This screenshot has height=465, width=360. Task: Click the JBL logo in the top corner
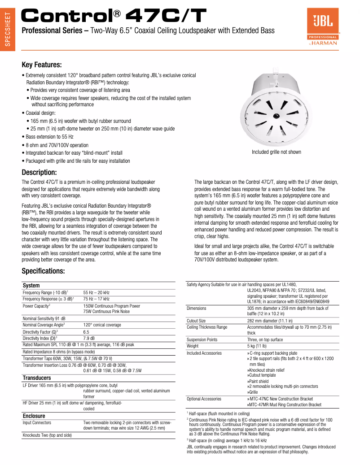point(323,28)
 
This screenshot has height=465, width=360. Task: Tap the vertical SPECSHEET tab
point(7,30)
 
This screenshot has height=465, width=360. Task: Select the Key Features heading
point(42,65)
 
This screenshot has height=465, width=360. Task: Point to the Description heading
point(39,173)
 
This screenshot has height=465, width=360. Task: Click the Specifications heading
point(44,271)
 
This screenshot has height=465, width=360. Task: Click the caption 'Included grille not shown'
point(276,152)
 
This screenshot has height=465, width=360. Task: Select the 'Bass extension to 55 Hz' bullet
point(48,137)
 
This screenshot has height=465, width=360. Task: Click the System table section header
point(31,286)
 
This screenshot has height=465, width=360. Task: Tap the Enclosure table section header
point(34,416)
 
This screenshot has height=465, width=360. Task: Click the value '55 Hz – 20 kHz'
point(96,292)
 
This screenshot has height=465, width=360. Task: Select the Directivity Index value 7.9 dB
point(89,338)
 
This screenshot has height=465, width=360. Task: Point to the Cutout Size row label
point(196,321)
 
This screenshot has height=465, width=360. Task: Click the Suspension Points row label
point(202,340)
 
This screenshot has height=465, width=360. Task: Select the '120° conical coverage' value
point(102,325)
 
